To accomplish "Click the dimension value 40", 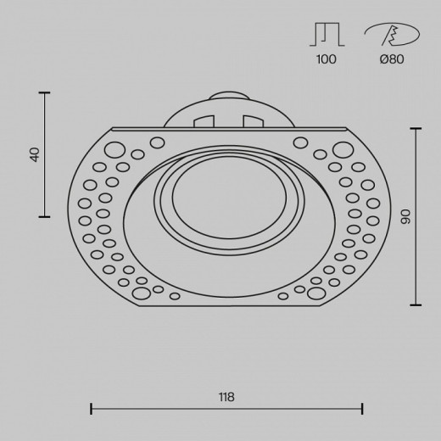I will [x=35, y=154].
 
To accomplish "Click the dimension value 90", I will [x=405, y=217].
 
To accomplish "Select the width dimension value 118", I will [x=226, y=396].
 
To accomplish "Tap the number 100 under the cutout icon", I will [x=326, y=59].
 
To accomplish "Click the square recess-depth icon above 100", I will [x=326, y=34].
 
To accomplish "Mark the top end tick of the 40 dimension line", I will [x=43, y=92].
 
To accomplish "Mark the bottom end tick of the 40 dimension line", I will [x=43, y=217].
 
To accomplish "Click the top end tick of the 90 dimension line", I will [x=416, y=128].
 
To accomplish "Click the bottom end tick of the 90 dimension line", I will [x=416, y=305].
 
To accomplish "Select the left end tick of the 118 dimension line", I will [x=91, y=410].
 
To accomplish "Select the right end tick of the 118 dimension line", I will [x=362, y=410].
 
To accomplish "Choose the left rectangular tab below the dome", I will [x=203, y=121].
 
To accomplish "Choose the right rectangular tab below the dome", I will [x=252, y=121].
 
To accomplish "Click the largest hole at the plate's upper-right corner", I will [x=343, y=151].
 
